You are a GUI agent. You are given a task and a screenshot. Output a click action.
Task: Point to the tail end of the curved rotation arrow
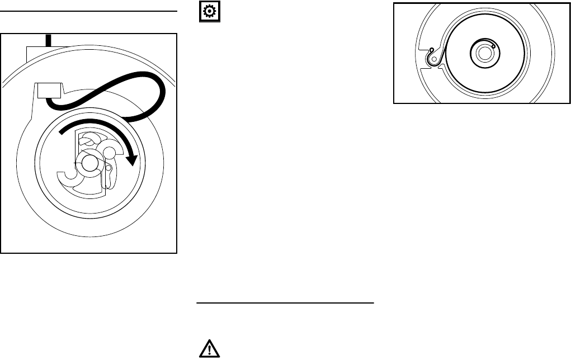[x=62, y=134]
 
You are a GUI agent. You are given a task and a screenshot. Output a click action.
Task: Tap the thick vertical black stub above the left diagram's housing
[x=49, y=40]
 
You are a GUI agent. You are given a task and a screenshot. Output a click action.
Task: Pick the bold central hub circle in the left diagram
[x=88, y=163]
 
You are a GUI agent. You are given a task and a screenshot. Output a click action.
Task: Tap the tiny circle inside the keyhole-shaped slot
[x=109, y=167]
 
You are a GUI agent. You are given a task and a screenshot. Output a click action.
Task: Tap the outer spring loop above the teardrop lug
[x=431, y=50]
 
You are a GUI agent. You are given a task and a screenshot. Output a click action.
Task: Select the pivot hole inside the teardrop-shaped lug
[x=434, y=58]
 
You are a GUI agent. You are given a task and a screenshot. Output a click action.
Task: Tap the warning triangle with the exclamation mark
[x=210, y=349]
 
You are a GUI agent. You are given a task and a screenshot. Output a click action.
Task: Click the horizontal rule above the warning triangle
[x=285, y=304]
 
